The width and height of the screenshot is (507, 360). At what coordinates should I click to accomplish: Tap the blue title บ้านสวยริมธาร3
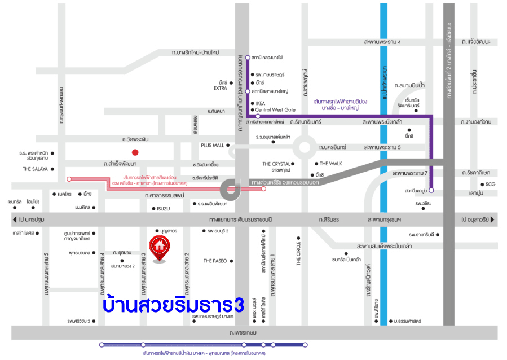point(173,305)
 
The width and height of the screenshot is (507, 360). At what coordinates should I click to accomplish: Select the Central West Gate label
point(275,109)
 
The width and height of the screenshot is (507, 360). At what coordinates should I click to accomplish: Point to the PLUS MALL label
point(213,145)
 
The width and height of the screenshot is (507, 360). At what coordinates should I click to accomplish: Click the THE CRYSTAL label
point(276,164)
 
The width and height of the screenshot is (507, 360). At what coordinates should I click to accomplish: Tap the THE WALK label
point(332,164)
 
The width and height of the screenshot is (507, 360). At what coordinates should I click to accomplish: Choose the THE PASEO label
point(215,261)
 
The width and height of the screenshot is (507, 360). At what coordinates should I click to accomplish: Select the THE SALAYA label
point(34,169)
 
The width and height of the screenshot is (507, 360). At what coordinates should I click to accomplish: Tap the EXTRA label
point(220,89)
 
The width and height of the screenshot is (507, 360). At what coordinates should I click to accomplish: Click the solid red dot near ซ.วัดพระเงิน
point(135,152)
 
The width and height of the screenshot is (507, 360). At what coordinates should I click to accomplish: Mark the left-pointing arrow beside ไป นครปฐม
point(14,218)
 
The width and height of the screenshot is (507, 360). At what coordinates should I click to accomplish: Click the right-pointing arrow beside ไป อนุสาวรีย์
point(492,218)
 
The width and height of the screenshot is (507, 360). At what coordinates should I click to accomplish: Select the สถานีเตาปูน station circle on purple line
point(431,191)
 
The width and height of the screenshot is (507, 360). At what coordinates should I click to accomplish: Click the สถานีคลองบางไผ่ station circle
point(247,58)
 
